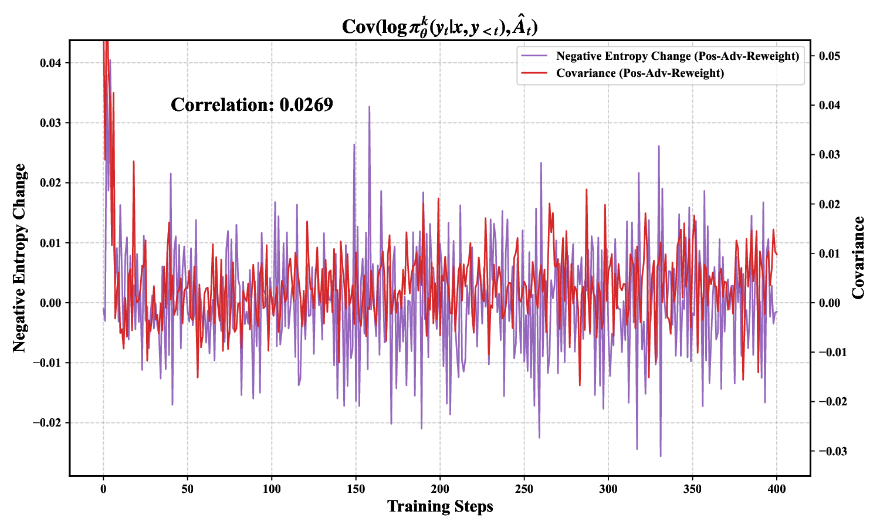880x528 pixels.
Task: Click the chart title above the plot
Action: tap(440, 26)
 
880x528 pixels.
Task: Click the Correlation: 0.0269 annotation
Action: tap(252, 105)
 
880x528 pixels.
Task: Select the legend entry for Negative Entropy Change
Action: tap(677, 56)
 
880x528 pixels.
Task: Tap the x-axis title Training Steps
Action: tap(440, 506)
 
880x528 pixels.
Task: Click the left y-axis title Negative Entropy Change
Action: tap(19, 258)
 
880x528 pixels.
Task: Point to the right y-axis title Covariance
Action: tap(858, 258)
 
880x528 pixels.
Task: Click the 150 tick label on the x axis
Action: tap(356, 489)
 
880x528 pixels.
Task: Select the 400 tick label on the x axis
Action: tap(777, 489)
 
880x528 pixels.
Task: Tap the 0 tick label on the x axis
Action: tap(103, 489)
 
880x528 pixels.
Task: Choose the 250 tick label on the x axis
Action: tap(524, 489)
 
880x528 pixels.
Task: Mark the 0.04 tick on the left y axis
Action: tap(51, 63)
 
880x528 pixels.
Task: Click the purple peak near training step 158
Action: tap(369, 107)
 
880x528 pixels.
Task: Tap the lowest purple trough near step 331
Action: tap(661, 456)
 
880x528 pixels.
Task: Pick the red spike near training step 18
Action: tap(134, 161)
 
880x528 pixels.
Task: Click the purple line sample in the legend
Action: tap(534, 56)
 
